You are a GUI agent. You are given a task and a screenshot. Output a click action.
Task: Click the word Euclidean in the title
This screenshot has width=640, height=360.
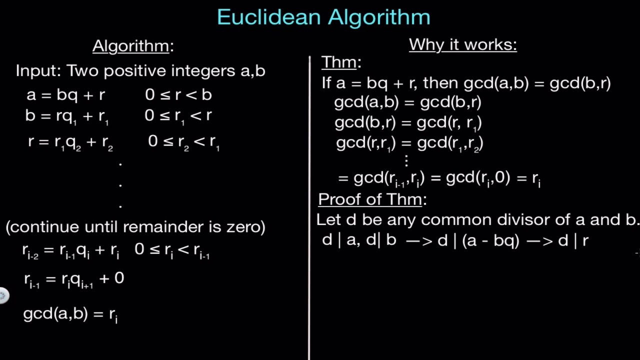tap(268, 17)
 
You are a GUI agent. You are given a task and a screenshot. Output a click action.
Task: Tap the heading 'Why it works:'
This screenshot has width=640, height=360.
tap(462, 45)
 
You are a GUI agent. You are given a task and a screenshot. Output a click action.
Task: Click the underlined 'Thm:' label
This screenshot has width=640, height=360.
tap(340, 63)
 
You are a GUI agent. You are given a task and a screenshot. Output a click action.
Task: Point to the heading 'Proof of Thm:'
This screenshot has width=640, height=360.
tap(371, 199)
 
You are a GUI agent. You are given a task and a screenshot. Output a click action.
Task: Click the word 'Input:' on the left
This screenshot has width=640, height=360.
tap(39, 71)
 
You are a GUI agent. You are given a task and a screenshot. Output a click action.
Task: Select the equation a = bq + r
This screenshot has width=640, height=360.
tap(66, 95)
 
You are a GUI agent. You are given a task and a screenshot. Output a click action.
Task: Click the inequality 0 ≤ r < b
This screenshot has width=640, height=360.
tap(178, 95)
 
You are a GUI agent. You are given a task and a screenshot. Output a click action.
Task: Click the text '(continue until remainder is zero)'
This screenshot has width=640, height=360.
tap(135, 227)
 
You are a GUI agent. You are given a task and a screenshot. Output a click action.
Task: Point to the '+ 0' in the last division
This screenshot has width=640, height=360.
tap(112, 278)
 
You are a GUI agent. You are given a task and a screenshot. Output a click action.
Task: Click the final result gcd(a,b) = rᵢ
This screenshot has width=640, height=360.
tap(70, 314)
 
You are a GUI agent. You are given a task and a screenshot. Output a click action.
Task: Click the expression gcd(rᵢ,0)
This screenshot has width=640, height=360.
tap(477, 178)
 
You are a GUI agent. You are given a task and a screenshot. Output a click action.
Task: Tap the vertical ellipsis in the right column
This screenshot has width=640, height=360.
tap(406, 160)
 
